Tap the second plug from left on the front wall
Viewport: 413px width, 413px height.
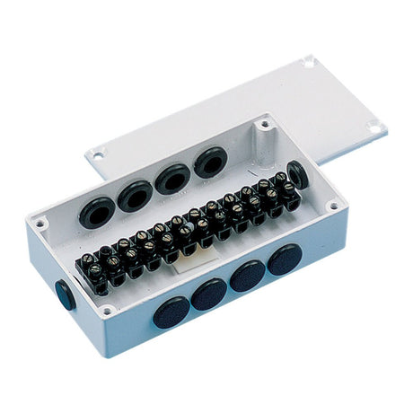[209, 294]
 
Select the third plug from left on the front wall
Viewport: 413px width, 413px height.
[248, 276]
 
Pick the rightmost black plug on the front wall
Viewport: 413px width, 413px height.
[284, 259]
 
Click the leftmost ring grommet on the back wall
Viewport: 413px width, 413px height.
[96, 212]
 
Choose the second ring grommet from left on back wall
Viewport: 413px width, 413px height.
[135, 195]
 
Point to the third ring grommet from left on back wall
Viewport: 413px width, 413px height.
[172, 178]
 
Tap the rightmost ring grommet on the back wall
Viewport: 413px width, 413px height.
[211, 162]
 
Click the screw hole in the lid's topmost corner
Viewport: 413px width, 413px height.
[309, 62]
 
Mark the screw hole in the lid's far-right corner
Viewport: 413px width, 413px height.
[373, 127]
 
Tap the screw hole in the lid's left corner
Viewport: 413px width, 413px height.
[96, 154]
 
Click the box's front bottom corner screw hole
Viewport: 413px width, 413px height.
[109, 311]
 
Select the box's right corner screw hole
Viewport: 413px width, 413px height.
[333, 206]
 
